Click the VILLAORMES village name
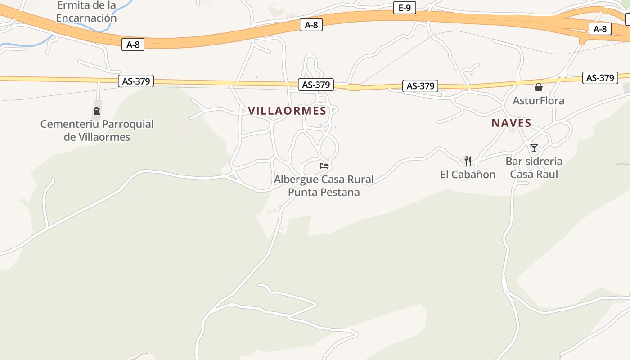287,111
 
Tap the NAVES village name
511,123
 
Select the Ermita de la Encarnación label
86,12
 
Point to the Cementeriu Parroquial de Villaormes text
97,130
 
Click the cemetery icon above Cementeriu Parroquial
97,111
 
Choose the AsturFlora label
538,100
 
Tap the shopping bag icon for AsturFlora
539,87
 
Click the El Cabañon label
468,175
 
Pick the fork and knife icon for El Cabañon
468,161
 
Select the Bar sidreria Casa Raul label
534,167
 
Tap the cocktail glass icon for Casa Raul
534,148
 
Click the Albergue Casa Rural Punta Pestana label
324,186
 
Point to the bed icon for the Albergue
324,166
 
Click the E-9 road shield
405,8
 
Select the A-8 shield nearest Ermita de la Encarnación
133,45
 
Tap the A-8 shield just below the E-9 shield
311,25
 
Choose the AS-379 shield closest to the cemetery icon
135,81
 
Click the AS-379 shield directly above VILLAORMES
316,85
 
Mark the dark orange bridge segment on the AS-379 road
354,87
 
